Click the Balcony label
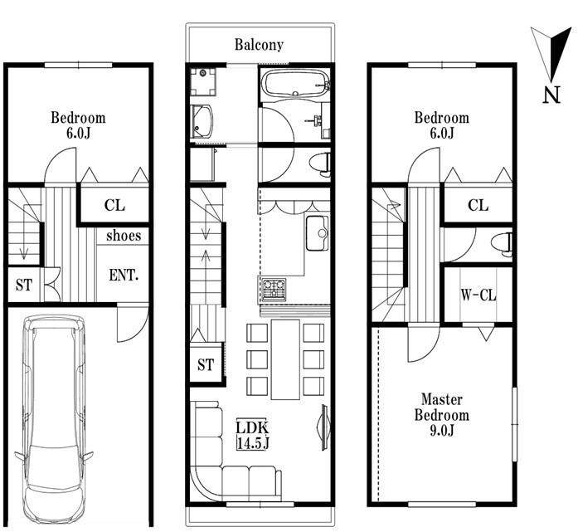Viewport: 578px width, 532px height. point(259,45)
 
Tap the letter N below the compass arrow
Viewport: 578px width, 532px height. point(551,95)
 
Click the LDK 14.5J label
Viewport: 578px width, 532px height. point(252,435)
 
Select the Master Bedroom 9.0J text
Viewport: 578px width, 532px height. point(442,415)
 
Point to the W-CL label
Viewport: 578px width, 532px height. point(478,295)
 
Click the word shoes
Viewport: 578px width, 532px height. point(124,236)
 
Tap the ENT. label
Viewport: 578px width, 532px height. point(124,276)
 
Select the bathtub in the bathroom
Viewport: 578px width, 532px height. point(295,84)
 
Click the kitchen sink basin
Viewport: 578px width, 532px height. point(317,233)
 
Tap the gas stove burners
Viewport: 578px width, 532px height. point(274,288)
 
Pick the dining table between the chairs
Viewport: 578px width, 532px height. point(285,359)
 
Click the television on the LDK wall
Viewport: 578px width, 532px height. point(323,427)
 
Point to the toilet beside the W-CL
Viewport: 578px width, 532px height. point(502,244)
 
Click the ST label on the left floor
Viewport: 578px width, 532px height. point(24,286)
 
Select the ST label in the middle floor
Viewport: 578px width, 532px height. point(206,365)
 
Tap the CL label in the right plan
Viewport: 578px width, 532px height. point(478,205)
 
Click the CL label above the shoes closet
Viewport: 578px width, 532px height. point(114,205)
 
